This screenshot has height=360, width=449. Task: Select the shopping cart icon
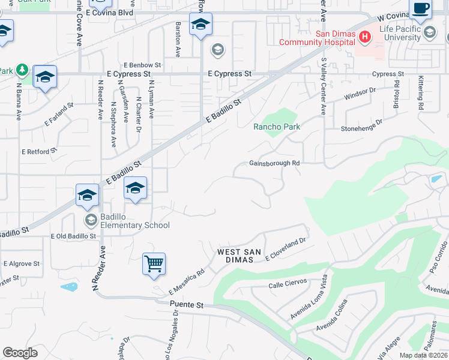(154, 263)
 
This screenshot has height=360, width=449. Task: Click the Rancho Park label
(277, 127)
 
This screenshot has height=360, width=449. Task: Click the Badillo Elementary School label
(127, 226)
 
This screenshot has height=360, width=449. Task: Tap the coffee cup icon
(421, 10)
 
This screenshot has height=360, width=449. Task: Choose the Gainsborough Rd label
(274, 163)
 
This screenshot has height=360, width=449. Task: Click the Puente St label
(187, 305)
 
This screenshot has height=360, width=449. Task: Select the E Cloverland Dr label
(286, 254)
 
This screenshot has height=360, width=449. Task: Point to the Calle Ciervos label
(288, 282)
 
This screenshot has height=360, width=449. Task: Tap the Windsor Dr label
(360, 94)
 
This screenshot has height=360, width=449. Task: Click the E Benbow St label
(142, 64)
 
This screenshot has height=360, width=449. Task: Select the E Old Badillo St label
(73, 236)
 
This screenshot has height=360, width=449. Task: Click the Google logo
(20, 353)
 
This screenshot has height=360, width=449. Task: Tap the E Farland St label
(58, 115)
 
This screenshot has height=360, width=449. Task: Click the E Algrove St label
(22, 263)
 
